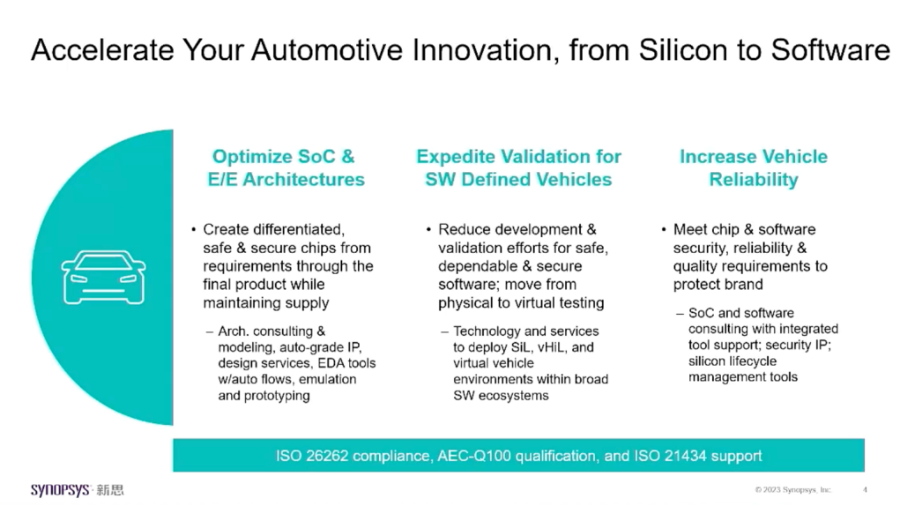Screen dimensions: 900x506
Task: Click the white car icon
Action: coord(103,277)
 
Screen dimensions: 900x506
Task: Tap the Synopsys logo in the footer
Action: coord(60,490)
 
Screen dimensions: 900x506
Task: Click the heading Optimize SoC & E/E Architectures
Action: coord(286,167)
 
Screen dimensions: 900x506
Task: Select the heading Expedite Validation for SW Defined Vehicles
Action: coord(518,167)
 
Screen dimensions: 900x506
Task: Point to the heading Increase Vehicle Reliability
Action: coord(753,167)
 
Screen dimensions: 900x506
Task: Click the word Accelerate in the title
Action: coord(102,50)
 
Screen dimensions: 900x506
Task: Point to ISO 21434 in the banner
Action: coord(670,456)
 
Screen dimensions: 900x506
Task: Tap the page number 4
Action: coord(865,490)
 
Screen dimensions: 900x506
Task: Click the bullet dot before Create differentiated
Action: coord(193,230)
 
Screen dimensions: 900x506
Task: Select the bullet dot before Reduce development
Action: coord(428,230)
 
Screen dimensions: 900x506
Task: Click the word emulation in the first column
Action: coord(327,379)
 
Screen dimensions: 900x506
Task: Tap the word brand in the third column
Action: coord(745,285)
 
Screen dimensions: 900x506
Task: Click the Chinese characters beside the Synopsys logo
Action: coord(109,490)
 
